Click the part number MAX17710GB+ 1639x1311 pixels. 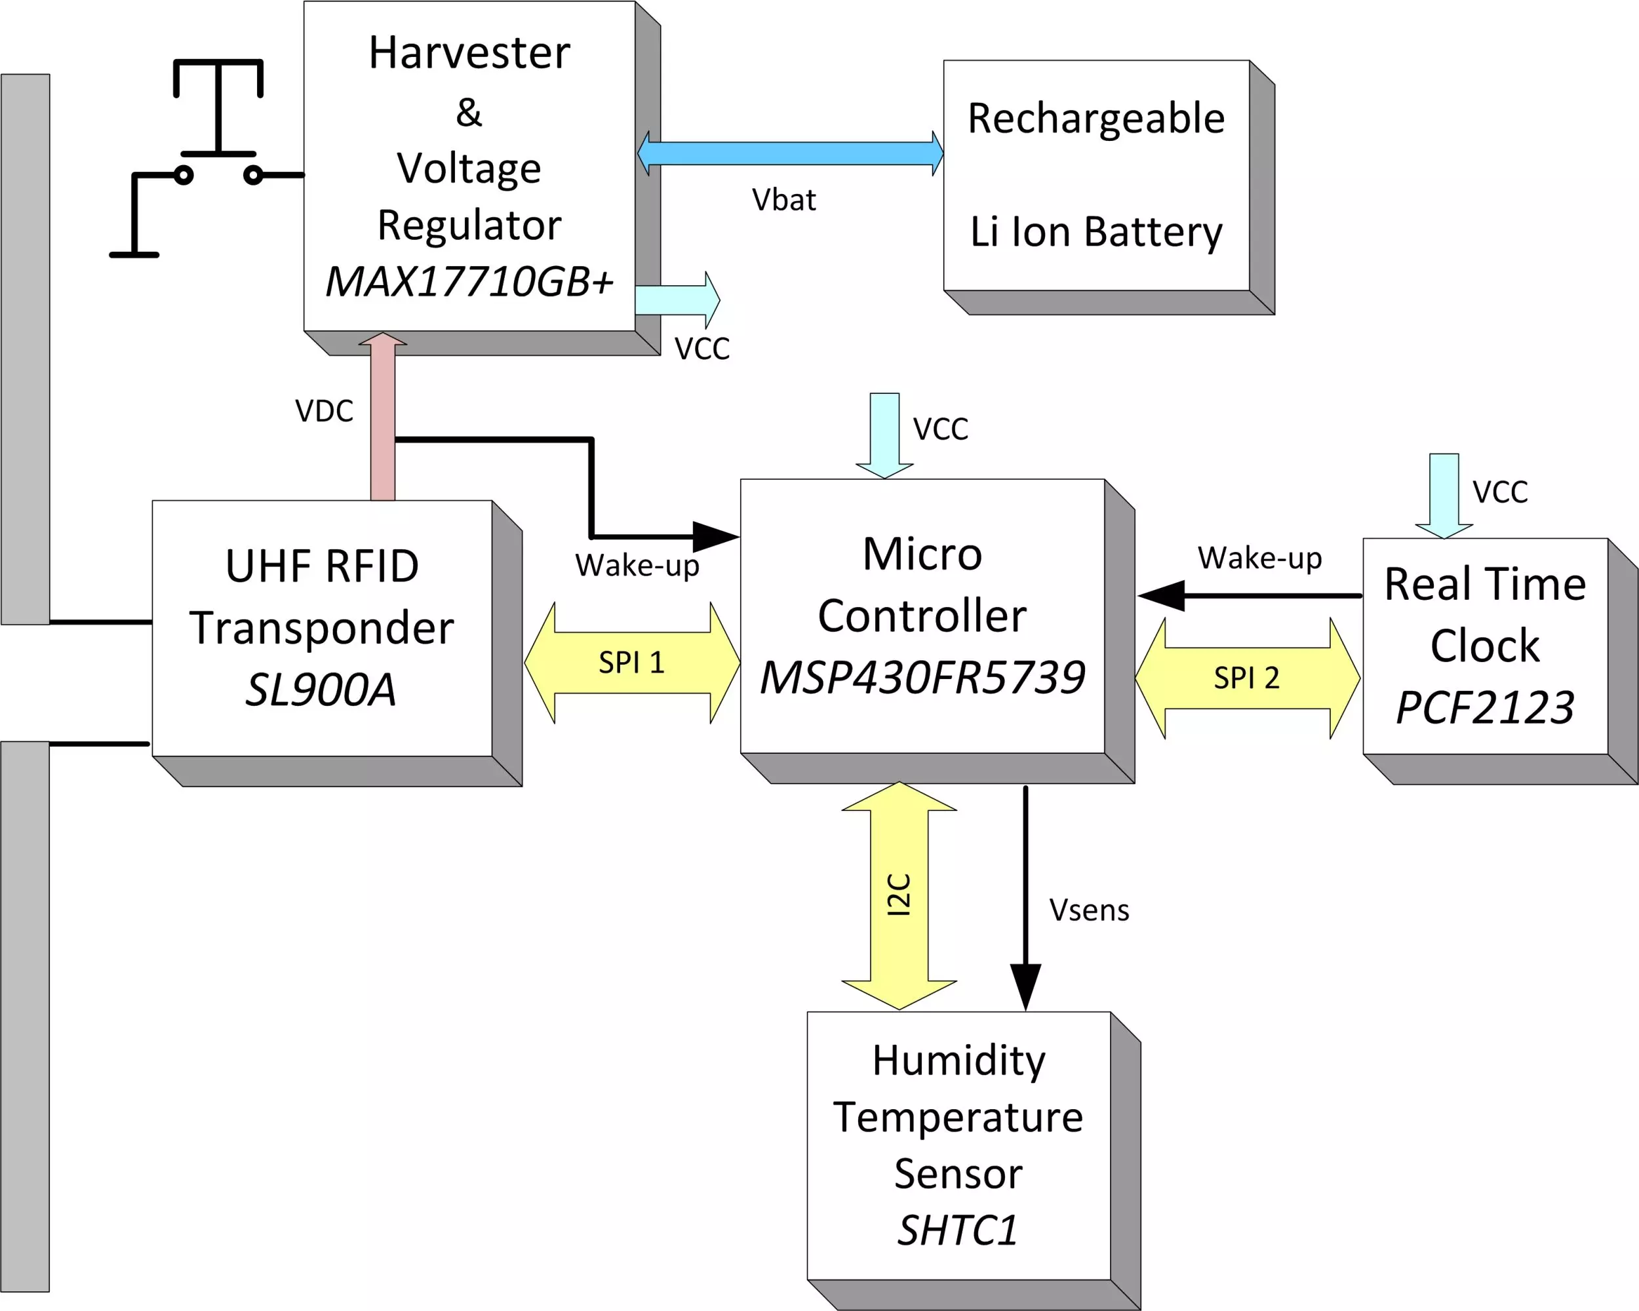[x=469, y=281]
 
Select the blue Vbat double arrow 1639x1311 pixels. [x=791, y=153]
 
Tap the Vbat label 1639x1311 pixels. [x=784, y=200]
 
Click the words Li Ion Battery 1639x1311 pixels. [x=1096, y=232]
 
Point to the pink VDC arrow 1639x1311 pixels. [x=383, y=416]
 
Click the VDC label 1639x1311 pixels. [x=325, y=411]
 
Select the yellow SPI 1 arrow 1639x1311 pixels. [x=633, y=663]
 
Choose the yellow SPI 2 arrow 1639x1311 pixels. [x=1248, y=678]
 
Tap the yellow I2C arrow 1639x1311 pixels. [x=899, y=896]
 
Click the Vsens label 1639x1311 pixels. [x=1090, y=910]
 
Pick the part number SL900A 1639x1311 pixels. [x=321, y=690]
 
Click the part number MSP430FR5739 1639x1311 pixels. [x=922, y=677]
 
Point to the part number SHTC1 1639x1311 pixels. [x=958, y=1230]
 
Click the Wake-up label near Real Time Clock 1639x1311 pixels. [x=1259, y=558]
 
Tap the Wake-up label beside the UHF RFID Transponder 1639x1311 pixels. [x=637, y=566]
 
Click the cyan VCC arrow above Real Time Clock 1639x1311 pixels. [x=1444, y=496]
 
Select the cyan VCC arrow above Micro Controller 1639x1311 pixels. [x=885, y=435]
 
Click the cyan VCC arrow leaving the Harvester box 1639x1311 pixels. [x=677, y=300]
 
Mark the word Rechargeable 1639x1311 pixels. [x=1096, y=119]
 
